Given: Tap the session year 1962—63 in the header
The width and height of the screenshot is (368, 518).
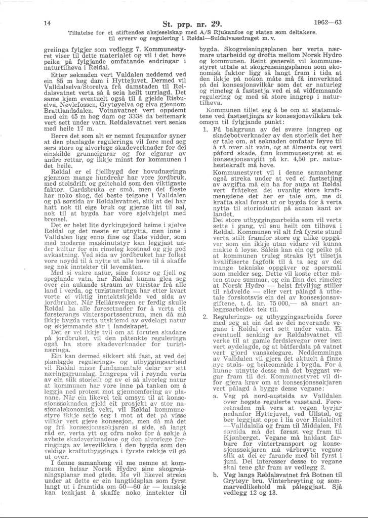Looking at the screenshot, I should pos(324,22).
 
